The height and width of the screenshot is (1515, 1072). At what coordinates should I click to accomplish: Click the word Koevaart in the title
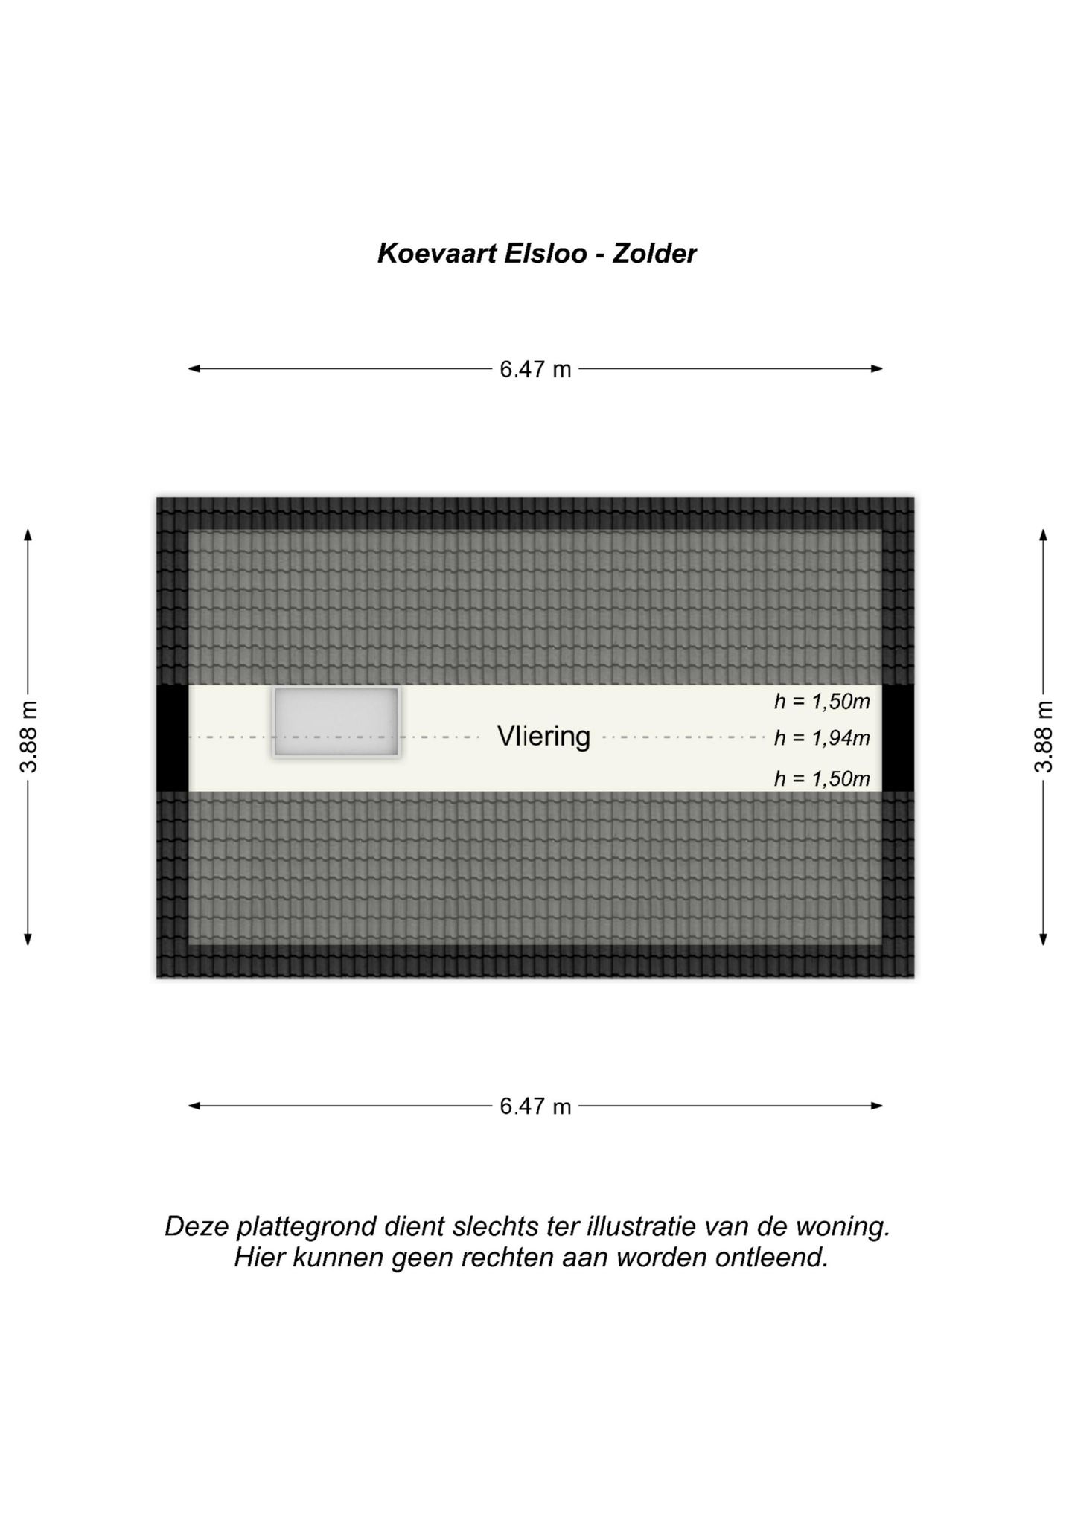point(437,254)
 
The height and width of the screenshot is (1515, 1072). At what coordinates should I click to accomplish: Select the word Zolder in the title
point(654,254)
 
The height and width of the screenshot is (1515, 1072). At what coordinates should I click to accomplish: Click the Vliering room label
point(543,737)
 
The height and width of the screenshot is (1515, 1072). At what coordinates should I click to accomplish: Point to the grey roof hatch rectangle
point(336,722)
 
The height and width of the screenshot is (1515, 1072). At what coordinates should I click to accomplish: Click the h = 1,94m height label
point(822,738)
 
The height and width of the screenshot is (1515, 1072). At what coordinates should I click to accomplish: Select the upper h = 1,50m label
point(822,701)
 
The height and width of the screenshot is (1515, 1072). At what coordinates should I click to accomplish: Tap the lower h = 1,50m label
point(822,778)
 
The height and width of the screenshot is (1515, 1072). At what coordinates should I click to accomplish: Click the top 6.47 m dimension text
point(535,369)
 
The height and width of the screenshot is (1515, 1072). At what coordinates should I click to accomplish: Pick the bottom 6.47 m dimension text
point(535,1106)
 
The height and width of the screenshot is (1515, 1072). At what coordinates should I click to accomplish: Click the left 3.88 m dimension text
point(28,737)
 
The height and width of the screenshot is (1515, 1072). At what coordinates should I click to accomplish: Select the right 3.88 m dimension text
point(1044,737)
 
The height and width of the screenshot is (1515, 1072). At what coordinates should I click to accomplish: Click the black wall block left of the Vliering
point(172,737)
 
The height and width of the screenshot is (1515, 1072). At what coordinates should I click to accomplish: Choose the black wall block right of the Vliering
point(898,737)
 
